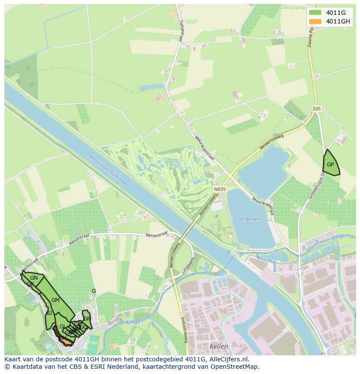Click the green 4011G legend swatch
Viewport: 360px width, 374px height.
(315, 13)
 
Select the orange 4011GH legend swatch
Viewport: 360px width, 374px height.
(315, 21)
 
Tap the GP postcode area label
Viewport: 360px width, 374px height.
(330, 165)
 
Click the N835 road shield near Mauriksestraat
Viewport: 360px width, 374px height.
(220, 189)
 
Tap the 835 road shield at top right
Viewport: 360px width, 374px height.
(317, 109)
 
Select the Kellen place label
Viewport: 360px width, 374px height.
(219, 346)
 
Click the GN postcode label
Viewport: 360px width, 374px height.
(34, 278)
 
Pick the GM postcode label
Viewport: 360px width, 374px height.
(55, 300)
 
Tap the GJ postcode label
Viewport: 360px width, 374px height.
(49, 313)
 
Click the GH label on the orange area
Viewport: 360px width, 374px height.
(63, 338)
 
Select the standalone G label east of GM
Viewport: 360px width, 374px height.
(93, 291)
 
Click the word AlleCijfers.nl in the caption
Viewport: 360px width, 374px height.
(229, 359)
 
